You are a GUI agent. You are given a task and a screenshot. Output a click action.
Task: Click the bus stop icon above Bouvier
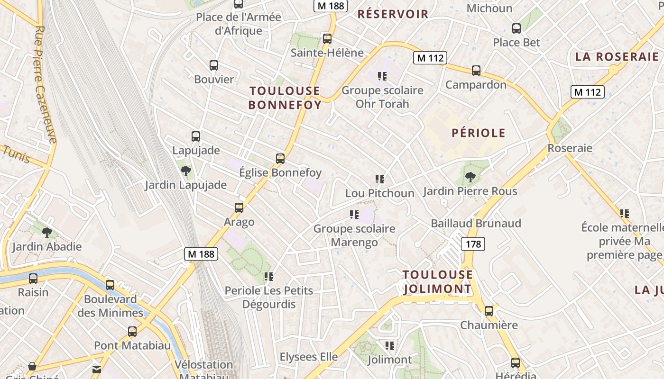[214, 65]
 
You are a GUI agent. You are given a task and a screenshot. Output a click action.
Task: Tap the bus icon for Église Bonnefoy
[280, 158]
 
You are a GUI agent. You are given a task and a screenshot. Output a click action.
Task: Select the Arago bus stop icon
[239, 208]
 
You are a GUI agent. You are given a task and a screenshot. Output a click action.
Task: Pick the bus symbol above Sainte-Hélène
[327, 38]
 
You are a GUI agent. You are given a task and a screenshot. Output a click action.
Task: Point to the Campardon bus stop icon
[476, 71]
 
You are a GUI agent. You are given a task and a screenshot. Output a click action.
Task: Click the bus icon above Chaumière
[489, 311]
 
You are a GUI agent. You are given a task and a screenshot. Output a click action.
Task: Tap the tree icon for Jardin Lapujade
[186, 171]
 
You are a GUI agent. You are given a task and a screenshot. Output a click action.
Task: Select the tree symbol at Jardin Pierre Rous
[470, 177]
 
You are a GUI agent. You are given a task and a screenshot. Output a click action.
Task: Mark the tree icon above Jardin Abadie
[46, 232]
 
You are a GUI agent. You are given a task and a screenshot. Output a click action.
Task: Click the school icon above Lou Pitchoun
[379, 179]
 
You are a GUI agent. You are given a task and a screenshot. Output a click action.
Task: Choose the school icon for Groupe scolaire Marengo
[354, 215]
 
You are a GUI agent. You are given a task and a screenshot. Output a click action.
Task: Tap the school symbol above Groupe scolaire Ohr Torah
[382, 76]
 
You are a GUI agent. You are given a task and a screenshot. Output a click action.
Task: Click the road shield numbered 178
[473, 244]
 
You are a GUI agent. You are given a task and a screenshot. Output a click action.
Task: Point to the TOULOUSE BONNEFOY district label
[285, 98]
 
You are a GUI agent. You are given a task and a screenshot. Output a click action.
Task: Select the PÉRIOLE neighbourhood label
[478, 133]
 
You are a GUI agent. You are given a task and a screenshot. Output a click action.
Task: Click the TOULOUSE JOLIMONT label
[437, 282]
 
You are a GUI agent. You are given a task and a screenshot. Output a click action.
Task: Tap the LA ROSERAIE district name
[617, 57]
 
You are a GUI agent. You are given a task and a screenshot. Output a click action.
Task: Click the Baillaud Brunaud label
[476, 223]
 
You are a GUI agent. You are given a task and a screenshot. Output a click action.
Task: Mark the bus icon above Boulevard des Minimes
[110, 285]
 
